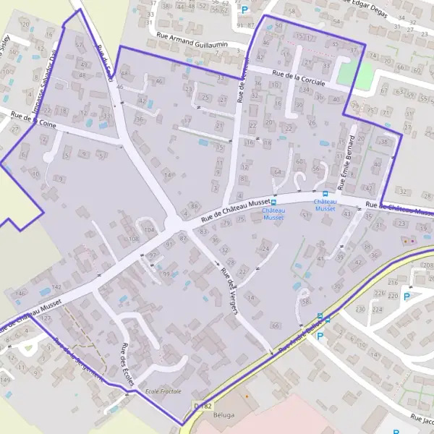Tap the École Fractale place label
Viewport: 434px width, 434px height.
[x=164, y=391]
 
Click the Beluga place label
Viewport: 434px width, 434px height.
[x=227, y=417]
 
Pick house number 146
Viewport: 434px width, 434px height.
[x=20, y=293]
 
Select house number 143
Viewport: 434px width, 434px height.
[x=56, y=288]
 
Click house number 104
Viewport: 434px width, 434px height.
[x=149, y=230]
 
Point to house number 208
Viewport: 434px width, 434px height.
[x=427, y=266]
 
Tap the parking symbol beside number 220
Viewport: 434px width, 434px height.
[x=407, y=297]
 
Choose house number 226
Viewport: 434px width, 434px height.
[x=379, y=293]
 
